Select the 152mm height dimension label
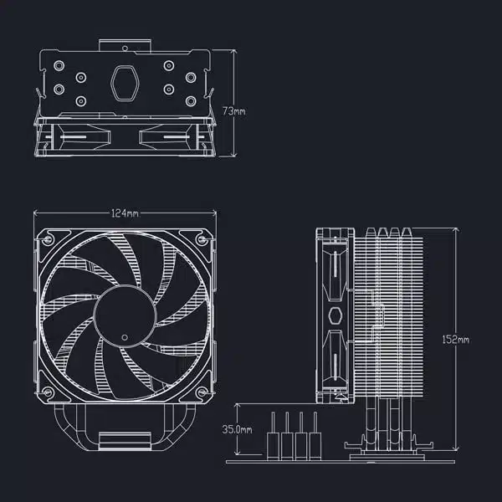tap(457, 340)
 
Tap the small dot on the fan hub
tap(124, 336)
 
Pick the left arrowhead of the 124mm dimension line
tap(36, 213)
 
